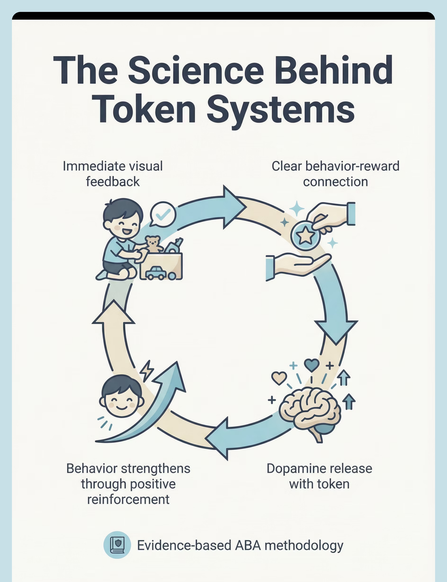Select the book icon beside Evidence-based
tap(117, 545)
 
